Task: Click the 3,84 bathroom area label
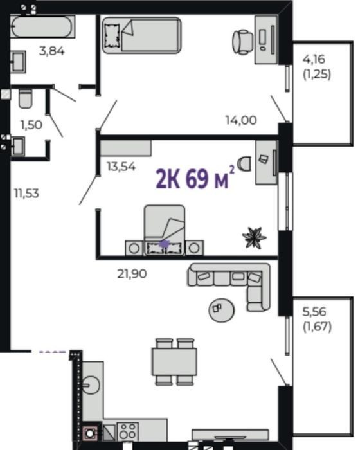51,51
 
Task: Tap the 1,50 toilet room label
32,125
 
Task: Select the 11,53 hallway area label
27,194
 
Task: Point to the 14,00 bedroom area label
241,120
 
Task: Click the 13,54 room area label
121,166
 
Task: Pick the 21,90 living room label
132,274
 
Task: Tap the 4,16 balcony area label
314,59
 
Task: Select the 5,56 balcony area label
314,312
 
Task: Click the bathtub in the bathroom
43,26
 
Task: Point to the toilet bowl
25,98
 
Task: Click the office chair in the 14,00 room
243,42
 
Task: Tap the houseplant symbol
255,237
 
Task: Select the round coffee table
221,310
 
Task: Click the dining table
174,361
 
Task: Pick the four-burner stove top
128,431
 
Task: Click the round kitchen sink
91,385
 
